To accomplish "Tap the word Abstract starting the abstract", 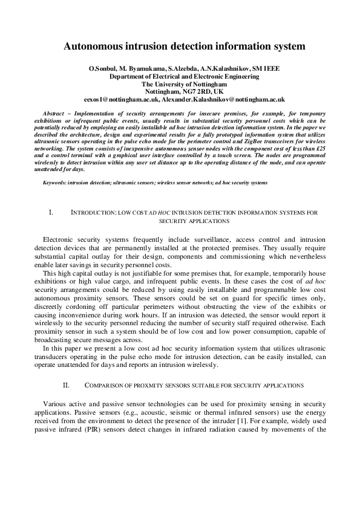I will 57,114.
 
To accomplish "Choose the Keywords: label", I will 54,182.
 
